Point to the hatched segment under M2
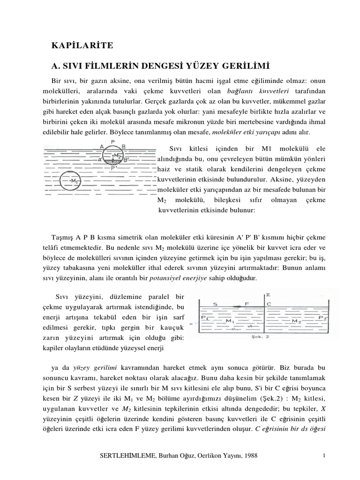click(x=112, y=160)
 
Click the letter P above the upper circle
click(x=113, y=141)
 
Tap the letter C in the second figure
click(x=269, y=304)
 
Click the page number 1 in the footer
click(x=323, y=455)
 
